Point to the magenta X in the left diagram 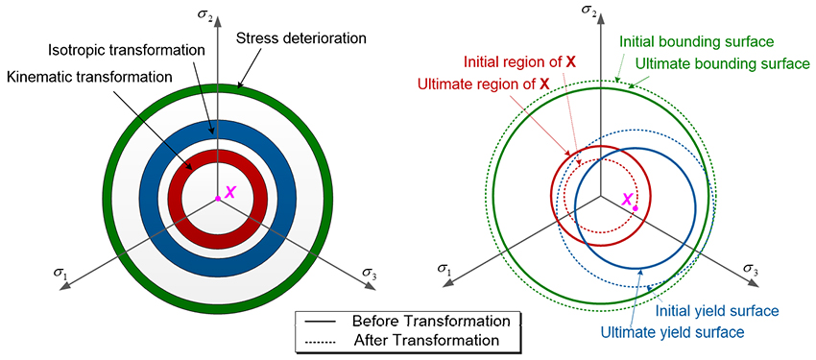tap(229, 193)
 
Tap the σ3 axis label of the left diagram tap(370, 275)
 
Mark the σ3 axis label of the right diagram tap(763, 273)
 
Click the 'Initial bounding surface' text tap(696, 42)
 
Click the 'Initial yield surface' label tap(715, 311)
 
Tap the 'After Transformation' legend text tap(426, 340)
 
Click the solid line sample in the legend tap(325, 321)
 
